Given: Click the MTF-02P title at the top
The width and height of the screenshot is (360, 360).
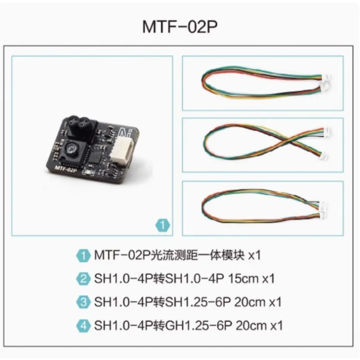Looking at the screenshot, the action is coord(180,27).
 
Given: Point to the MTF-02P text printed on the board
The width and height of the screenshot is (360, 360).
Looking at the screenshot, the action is coord(66,169).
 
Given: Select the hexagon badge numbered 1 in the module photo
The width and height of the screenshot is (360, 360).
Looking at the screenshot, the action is coord(162,225).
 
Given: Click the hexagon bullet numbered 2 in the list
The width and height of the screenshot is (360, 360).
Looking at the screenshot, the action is coord(83,279).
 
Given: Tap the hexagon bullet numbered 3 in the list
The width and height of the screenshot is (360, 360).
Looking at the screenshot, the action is coord(83,302).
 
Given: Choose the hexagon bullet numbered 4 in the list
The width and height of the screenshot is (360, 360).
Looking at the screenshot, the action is coord(83,325).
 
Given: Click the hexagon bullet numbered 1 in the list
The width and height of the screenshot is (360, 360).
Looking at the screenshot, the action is coord(83,255).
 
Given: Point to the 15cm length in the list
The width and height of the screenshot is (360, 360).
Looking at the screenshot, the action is coord(243,279).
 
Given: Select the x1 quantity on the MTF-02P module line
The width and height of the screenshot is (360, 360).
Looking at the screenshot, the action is coord(255,255).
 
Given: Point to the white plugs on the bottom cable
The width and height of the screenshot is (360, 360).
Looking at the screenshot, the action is coord(324,209).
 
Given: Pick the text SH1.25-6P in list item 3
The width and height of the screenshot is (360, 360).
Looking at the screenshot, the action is coord(198,302).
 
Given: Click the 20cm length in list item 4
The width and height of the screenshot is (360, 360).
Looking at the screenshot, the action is coord(251,326).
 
